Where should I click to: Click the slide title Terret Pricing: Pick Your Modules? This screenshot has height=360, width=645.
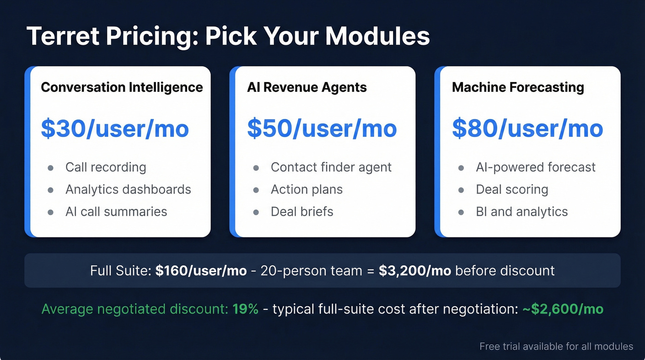point(228,36)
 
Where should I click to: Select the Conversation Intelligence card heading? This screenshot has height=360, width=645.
point(122,87)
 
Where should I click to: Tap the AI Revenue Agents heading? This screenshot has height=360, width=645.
point(307,87)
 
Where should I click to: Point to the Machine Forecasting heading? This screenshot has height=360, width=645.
point(518,87)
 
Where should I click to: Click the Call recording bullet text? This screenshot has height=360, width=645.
point(106,167)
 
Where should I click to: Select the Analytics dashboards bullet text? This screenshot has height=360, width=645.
point(128,189)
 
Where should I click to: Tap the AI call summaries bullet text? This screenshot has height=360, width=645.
point(116,212)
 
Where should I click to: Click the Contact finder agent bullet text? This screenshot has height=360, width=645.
point(331,167)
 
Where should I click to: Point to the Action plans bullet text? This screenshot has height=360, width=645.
point(306,189)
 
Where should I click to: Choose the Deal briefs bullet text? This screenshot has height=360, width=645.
point(302,212)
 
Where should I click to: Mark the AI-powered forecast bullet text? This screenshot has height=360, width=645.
point(535,167)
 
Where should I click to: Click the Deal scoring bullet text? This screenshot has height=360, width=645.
point(512,189)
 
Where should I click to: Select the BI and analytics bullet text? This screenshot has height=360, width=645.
point(522,212)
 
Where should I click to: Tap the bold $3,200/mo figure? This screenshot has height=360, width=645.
point(415,271)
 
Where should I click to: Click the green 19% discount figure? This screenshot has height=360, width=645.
point(245,309)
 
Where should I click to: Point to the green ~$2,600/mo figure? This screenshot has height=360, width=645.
point(563,309)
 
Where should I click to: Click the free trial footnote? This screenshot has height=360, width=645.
point(556,346)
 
